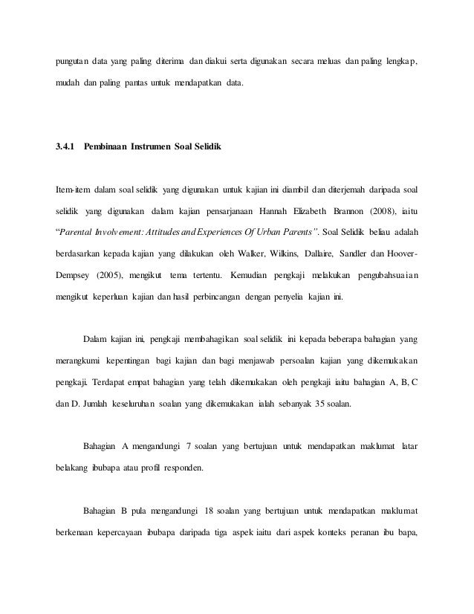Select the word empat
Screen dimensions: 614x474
coord(149,385)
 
